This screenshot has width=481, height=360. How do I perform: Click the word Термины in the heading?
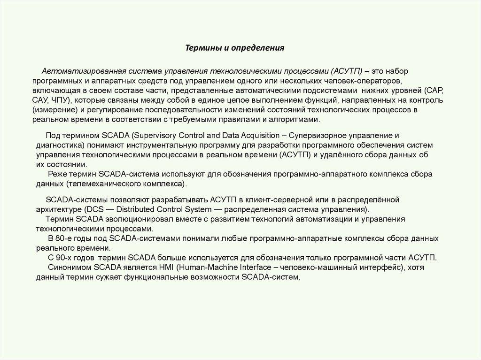[x=200, y=48]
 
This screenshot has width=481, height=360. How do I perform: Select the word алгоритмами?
[x=298, y=120]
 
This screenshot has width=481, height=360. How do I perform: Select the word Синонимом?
[x=70, y=267]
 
